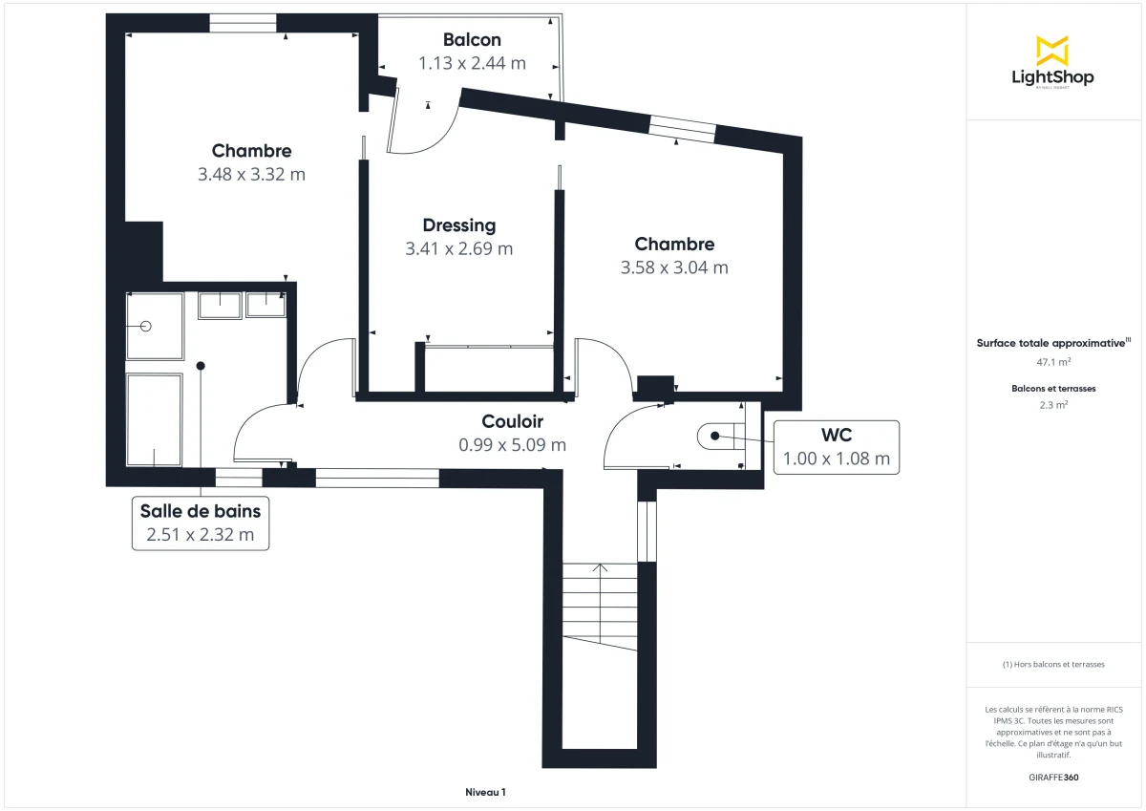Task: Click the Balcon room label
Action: coord(472,40)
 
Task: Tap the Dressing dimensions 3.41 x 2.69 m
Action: coord(458,249)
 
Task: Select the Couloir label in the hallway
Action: coord(512,421)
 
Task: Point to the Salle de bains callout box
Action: coord(201,523)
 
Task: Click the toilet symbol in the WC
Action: coord(716,436)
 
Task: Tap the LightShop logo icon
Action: coord(1051,51)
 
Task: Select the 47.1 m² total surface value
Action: coord(1053,363)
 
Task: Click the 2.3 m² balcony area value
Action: coord(1053,405)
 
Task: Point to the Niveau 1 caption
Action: coord(485,792)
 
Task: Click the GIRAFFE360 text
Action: coord(1053,778)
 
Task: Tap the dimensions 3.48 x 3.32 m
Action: coord(251,175)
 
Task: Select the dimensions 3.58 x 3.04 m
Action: coord(674,268)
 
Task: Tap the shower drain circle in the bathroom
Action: coord(146,327)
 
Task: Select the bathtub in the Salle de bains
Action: coord(154,419)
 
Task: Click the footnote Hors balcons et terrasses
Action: coord(1053,664)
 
